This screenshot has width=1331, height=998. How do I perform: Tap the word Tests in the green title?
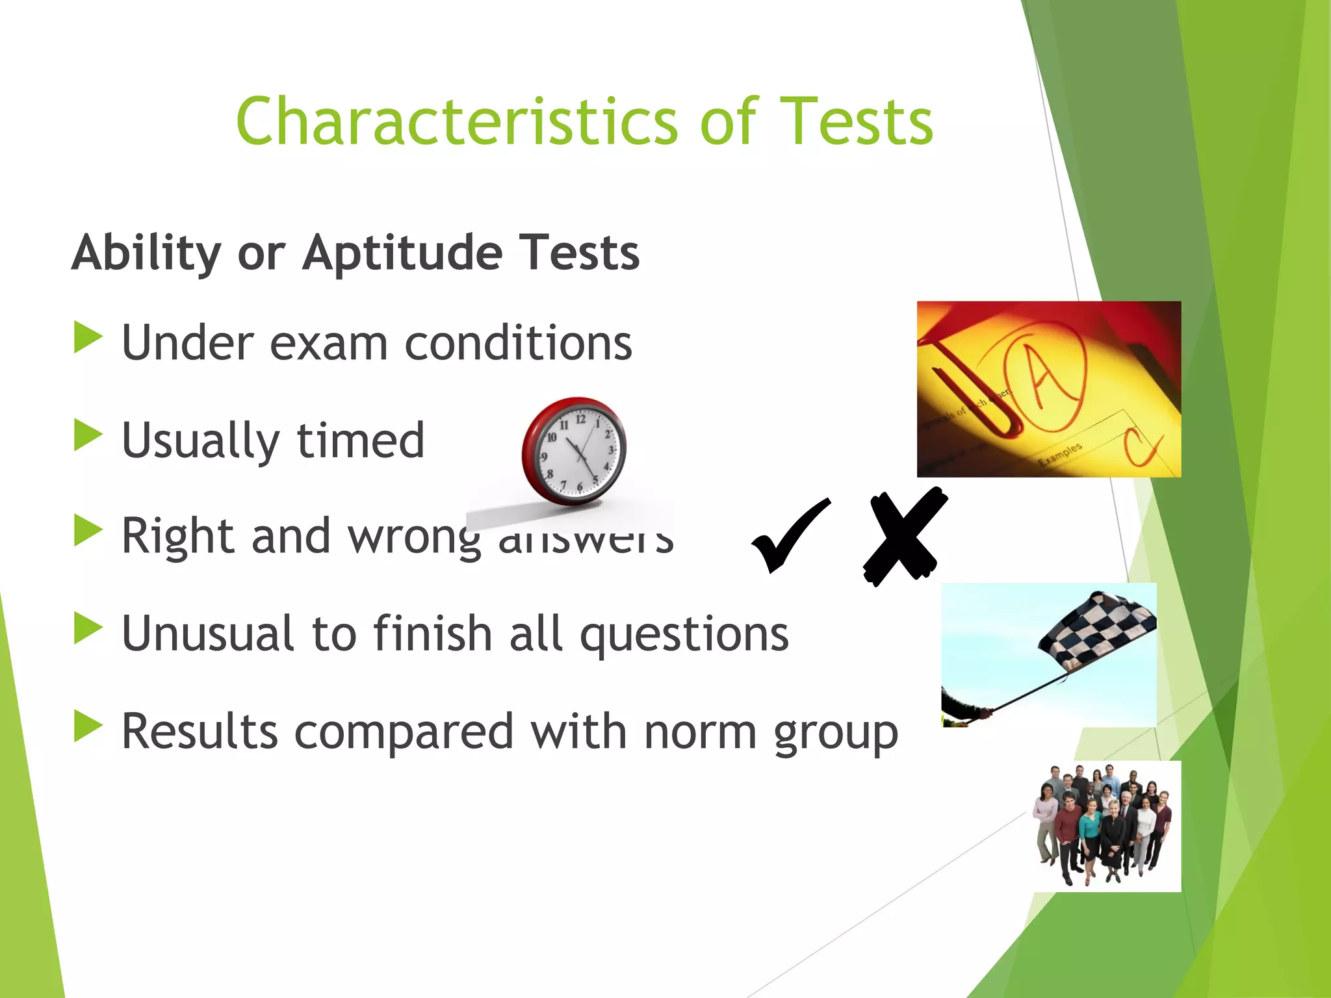[x=856, y=122]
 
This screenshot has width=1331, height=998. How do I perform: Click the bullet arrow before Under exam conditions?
[x=88, y=337]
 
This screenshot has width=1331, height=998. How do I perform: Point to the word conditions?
[x=518, y=343]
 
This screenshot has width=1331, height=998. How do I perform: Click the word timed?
[x=360, y=441]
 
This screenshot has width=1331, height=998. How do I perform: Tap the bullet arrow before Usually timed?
[x=88, y=435]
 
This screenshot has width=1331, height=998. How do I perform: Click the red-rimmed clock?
[x=575, y=452]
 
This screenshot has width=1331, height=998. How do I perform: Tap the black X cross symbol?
[x=903, y=537]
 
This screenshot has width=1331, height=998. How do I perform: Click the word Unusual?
[x=208, y=633]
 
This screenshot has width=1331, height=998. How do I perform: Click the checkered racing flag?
[x=1098, y=630]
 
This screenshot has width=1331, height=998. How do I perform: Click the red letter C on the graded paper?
[x=1141, y=448]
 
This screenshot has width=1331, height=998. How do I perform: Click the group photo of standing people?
[x=1106, y=825]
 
